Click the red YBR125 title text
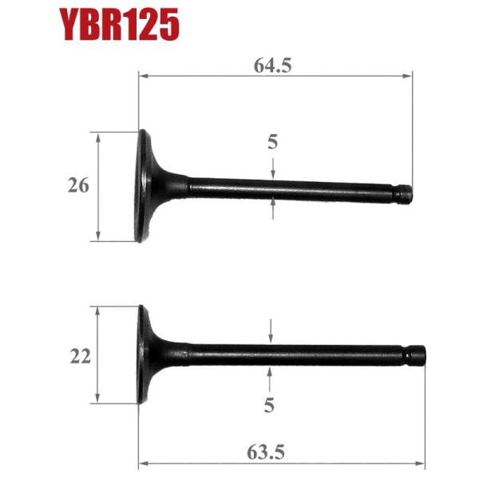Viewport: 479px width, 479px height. coord(117,25)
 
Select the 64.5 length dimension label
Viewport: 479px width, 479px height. coord(273,65)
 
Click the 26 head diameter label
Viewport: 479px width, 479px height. coord(78,185)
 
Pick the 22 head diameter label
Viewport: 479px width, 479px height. coord(80,356)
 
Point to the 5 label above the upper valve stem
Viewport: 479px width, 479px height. coord(272,142)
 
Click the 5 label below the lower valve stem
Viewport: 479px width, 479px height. coord(270,406)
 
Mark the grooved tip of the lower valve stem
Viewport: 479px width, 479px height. coord(418,353)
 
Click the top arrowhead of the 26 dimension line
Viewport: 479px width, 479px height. coord(98,137)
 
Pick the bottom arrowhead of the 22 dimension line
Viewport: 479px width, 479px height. coord(97,398)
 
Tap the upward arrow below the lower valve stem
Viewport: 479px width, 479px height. coord(271,373)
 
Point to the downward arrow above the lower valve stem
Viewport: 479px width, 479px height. coord(271,335)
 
